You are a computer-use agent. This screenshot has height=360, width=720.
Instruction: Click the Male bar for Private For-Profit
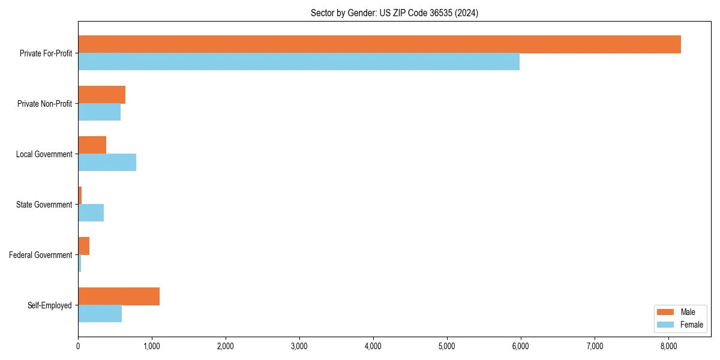click(x=379, y=44)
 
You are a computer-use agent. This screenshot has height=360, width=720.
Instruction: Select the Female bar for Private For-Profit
click(x=299, y=62)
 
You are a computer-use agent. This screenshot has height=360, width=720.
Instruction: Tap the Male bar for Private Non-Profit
click(x=101, y=95)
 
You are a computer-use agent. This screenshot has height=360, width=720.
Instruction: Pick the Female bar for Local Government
click(x=107, y=163)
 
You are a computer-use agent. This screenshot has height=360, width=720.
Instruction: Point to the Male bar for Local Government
click(x=92, y=145)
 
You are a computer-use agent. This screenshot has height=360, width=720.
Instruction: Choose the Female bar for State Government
click(x=91, y=213)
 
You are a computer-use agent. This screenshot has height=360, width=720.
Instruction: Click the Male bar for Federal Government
click(x=83, y=246)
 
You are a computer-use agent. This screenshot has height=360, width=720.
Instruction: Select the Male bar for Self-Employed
click(x=119, y=296)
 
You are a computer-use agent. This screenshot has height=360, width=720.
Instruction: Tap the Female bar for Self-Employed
click(x=100, y=314)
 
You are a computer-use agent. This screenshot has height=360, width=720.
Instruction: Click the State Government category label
click(x=44, y=205)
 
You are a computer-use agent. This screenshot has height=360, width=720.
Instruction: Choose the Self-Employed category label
click(x=49, y=305)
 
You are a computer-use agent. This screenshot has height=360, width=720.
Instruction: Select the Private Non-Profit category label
click(x=44, y=104)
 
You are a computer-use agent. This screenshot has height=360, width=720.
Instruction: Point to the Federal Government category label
click(x=41, y=255)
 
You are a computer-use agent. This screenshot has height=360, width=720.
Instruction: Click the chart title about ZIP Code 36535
click(x=394, y=13)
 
